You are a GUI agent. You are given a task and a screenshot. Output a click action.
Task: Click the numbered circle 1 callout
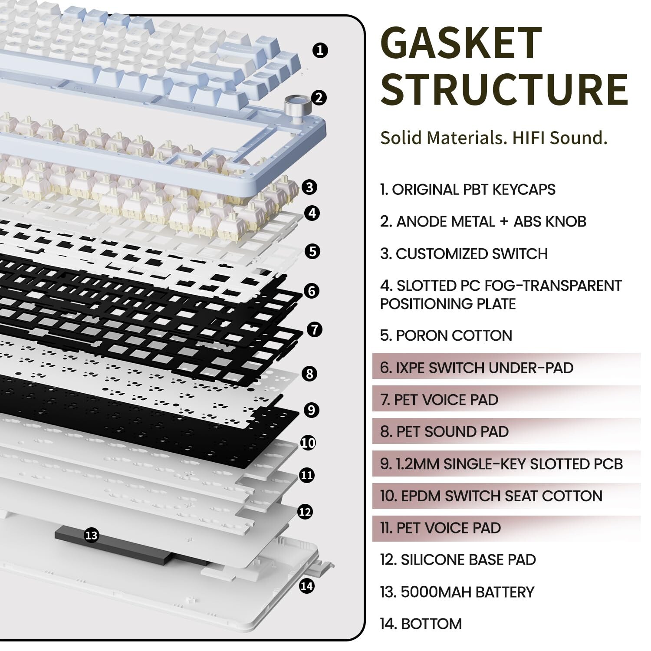pyautogui.click(x=320, y=50)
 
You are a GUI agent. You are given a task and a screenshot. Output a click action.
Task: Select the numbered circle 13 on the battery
pyautogui.click(x=91, y=535)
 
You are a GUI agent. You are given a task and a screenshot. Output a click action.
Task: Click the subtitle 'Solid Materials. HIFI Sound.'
pyautogui.click(x=493, y=138)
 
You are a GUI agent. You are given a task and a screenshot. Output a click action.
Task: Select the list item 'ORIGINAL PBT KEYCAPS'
pyautogui.click(x=467, y=190)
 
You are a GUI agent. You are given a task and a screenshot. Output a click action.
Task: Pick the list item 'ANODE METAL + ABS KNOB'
pyautogui.click(x=483, y=222)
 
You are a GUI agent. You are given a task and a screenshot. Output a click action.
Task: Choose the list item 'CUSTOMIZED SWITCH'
pyautogui.click(x=464, y=254)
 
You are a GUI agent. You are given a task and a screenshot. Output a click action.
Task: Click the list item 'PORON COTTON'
pyautogui.click(x=446, y=335)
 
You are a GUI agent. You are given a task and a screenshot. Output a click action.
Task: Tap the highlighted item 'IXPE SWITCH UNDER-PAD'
pyautogui.click(x=477, y=368)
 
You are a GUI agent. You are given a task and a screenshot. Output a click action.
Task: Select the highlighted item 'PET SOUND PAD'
pyautogui.click(x=444, y=432)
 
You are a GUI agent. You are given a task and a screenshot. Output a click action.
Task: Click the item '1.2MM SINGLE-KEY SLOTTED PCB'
pyautogui.click(x=501, y=464)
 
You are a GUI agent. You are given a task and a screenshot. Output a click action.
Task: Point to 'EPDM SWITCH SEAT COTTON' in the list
pyautogui.click(x=491, y=496)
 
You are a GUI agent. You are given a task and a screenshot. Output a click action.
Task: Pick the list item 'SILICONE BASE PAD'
pyautogui.click(x=458, y=560)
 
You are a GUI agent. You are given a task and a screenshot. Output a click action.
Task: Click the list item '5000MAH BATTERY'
pyautogui.click(x=457, y=592)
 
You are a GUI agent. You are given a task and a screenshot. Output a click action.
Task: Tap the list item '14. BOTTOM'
pyautogui.click(x=421, y=624)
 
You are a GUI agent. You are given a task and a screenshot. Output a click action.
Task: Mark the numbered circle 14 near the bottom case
pyautogui.click(x=306, y=586)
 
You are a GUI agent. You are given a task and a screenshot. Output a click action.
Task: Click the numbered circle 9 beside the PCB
pyautogui.click(x=311, y=410)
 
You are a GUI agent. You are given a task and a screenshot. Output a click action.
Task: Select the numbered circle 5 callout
pyautogui.click(x=312, y=251)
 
